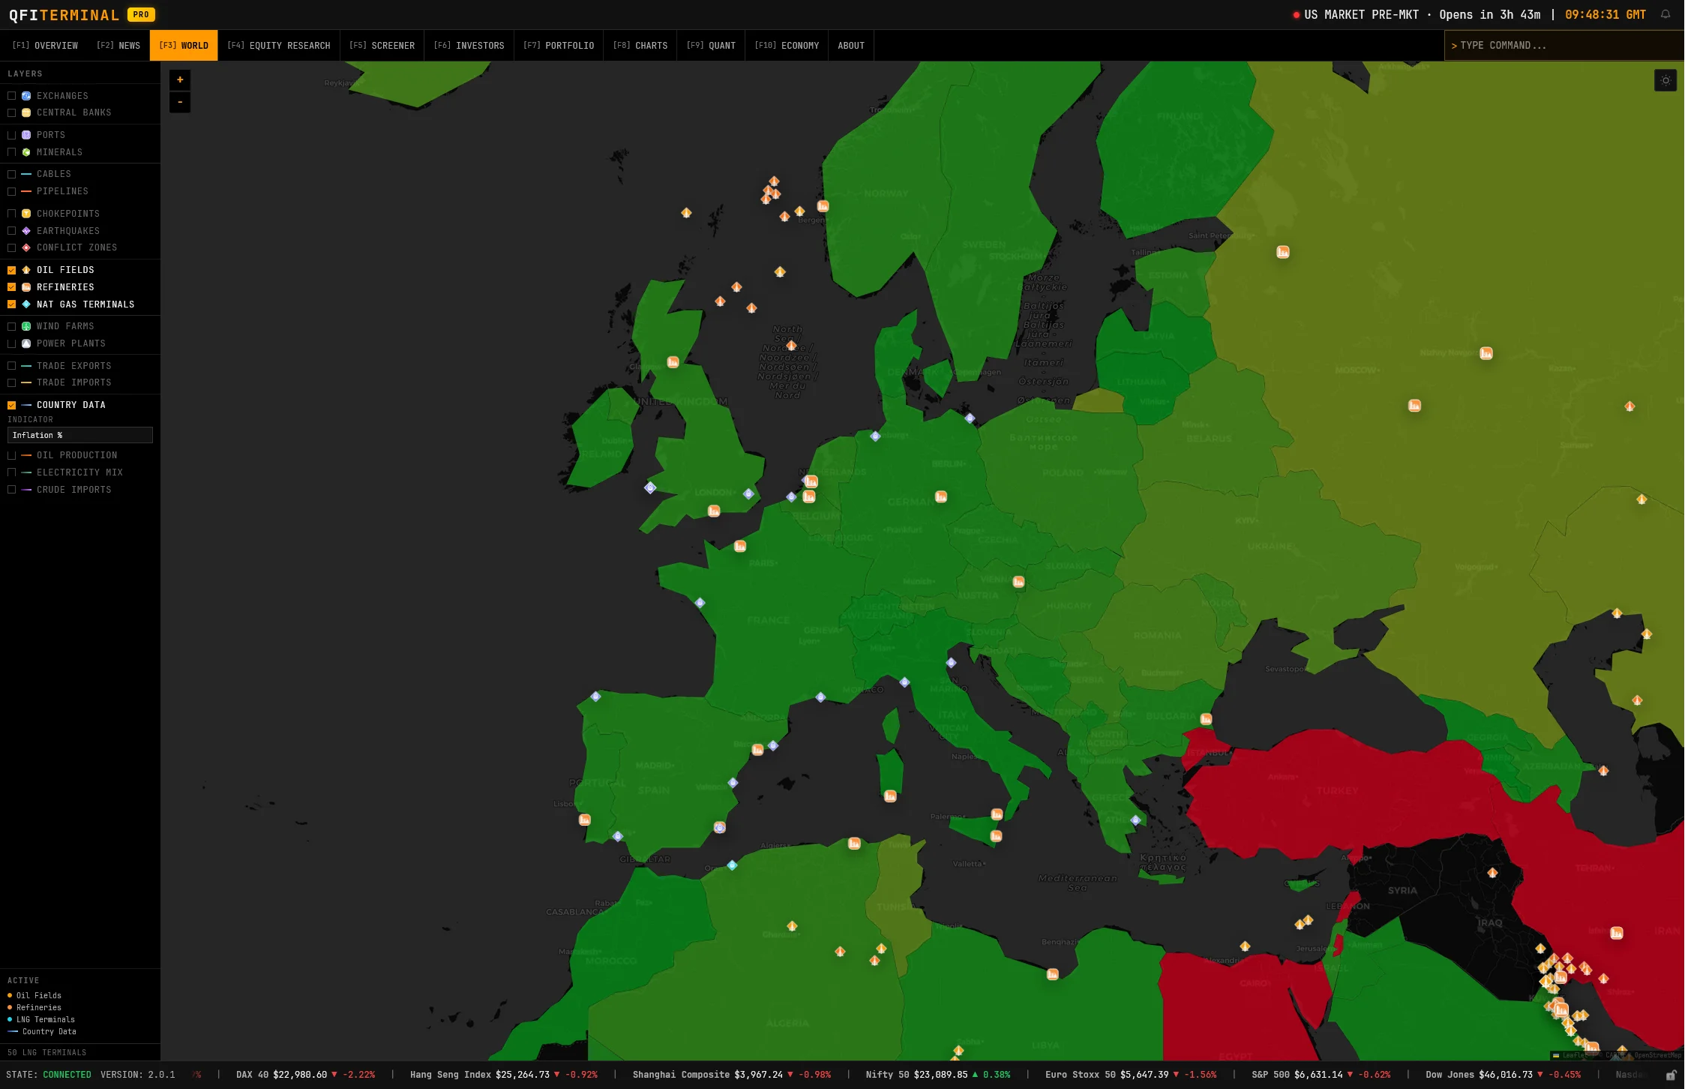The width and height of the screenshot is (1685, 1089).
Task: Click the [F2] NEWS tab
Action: (118, 46)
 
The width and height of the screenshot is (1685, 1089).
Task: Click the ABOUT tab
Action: (850, 46)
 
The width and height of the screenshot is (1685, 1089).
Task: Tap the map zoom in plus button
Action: (180, 80)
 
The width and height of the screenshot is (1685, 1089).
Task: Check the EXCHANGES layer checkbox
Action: (12, 96)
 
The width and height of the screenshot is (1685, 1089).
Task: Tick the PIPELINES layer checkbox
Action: (12, 191)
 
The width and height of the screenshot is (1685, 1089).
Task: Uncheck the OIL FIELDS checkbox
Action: (12, 270)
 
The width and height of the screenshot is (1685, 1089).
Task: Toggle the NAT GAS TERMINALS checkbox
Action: (12, 304)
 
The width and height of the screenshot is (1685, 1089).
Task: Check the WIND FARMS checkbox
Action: (12, 326)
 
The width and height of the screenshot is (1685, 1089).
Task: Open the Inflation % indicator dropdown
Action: (80, 435)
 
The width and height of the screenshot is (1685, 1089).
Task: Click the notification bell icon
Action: (1665, 14)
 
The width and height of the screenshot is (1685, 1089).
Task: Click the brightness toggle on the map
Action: (1665, 80)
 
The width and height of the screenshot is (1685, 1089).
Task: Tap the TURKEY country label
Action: (1337, 790)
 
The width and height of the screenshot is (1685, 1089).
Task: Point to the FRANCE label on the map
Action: (768, 620)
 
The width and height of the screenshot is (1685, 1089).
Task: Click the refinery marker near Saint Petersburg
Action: (1283, 252)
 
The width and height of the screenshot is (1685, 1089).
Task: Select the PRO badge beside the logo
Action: (141, 14)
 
